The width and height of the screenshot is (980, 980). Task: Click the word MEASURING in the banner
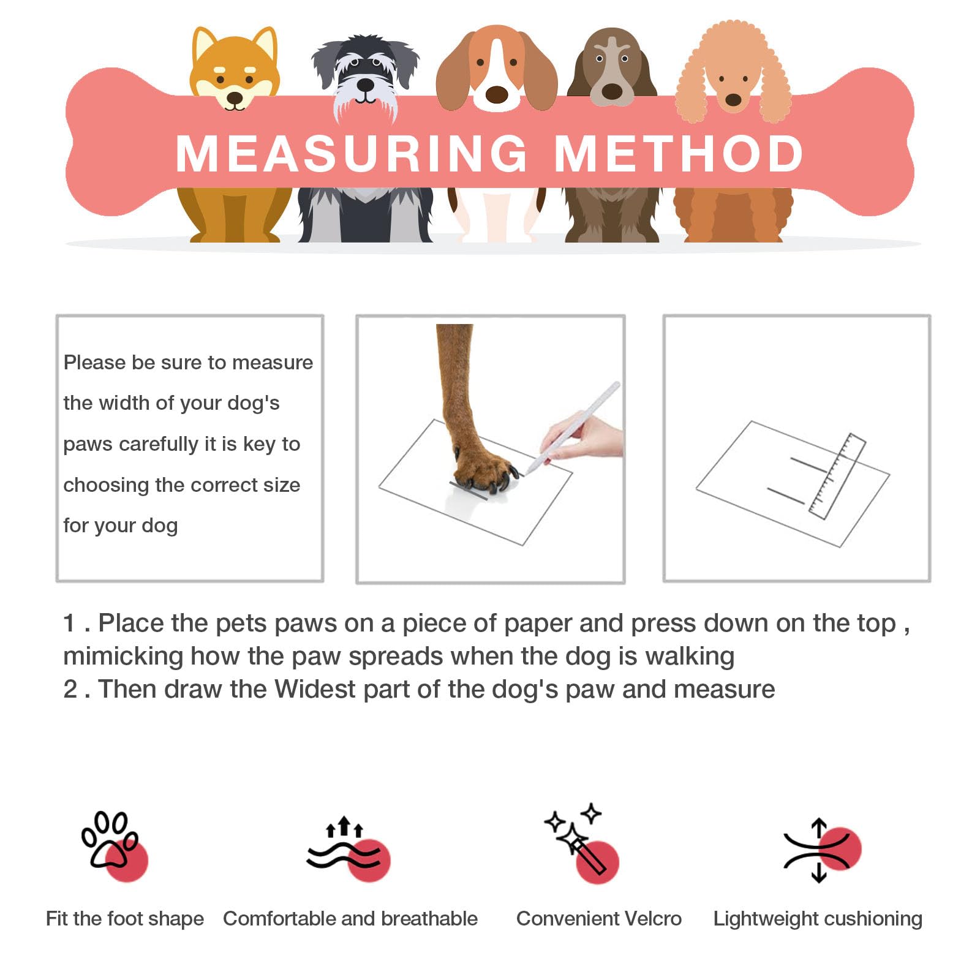[352, 153]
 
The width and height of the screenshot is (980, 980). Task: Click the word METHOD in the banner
[679, 153]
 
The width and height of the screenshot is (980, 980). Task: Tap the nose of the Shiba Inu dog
[235, 97]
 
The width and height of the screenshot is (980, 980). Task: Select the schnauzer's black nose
[366, 85]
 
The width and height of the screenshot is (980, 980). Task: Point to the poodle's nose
[733, 99]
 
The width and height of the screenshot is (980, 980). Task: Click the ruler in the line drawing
[837, 476]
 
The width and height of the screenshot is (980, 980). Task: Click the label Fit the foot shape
[125, 919]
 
